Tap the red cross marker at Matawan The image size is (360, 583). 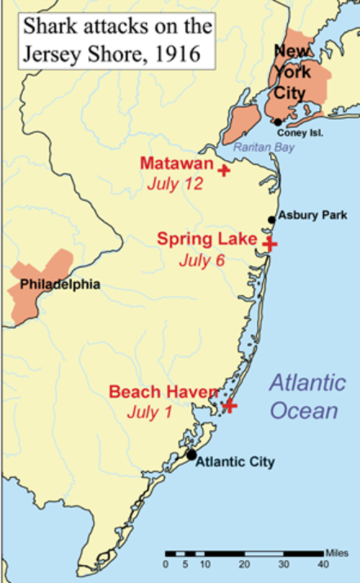[224, 171]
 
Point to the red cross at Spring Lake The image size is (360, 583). [269, 244]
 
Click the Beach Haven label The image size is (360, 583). [163, 392]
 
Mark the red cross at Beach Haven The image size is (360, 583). [229, 405]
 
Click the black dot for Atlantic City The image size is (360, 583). [192, 454]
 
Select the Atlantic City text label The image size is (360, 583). [235, 461]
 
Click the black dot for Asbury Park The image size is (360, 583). [271, 220]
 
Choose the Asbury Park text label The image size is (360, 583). [307, 215]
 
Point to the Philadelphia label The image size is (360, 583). [59, 284]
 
